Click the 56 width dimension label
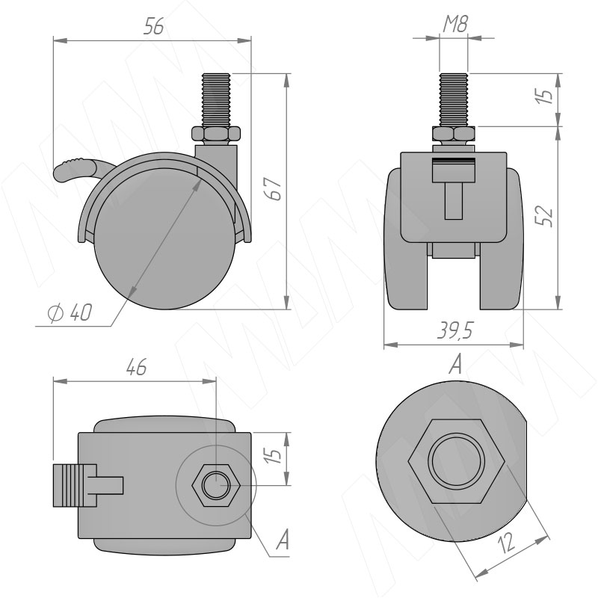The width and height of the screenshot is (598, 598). pyautogui.click(x=154, y=26)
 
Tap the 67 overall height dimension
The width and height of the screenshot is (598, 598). pyautogui.click(x=274, y=188)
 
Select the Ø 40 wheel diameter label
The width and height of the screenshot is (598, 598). pyautogui.click(x=70, y=312)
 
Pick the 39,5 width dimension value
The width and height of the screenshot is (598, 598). pyautogui.click(x=455, y=330)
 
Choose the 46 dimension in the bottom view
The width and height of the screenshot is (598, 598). pyautogui.click(x=136, y=366)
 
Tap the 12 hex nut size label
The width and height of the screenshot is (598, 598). pyautogui.click(x=508, y=542)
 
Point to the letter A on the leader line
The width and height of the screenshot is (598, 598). pyautogui.click(x=283, y=540)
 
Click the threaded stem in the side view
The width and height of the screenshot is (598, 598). pyautogui.click(x=216, y=101)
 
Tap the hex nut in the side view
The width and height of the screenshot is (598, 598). pyautogui.click(x=216, y=135)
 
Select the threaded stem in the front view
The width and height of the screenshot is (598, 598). pyautogui.click(x=454, y=101)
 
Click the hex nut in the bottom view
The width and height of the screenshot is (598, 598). pyautogui.click(x=216, y=485)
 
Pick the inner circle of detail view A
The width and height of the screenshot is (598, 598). pyautogui.click(x=456, y=461)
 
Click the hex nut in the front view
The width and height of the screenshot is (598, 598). pyautogui.click(x=454, y=135)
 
